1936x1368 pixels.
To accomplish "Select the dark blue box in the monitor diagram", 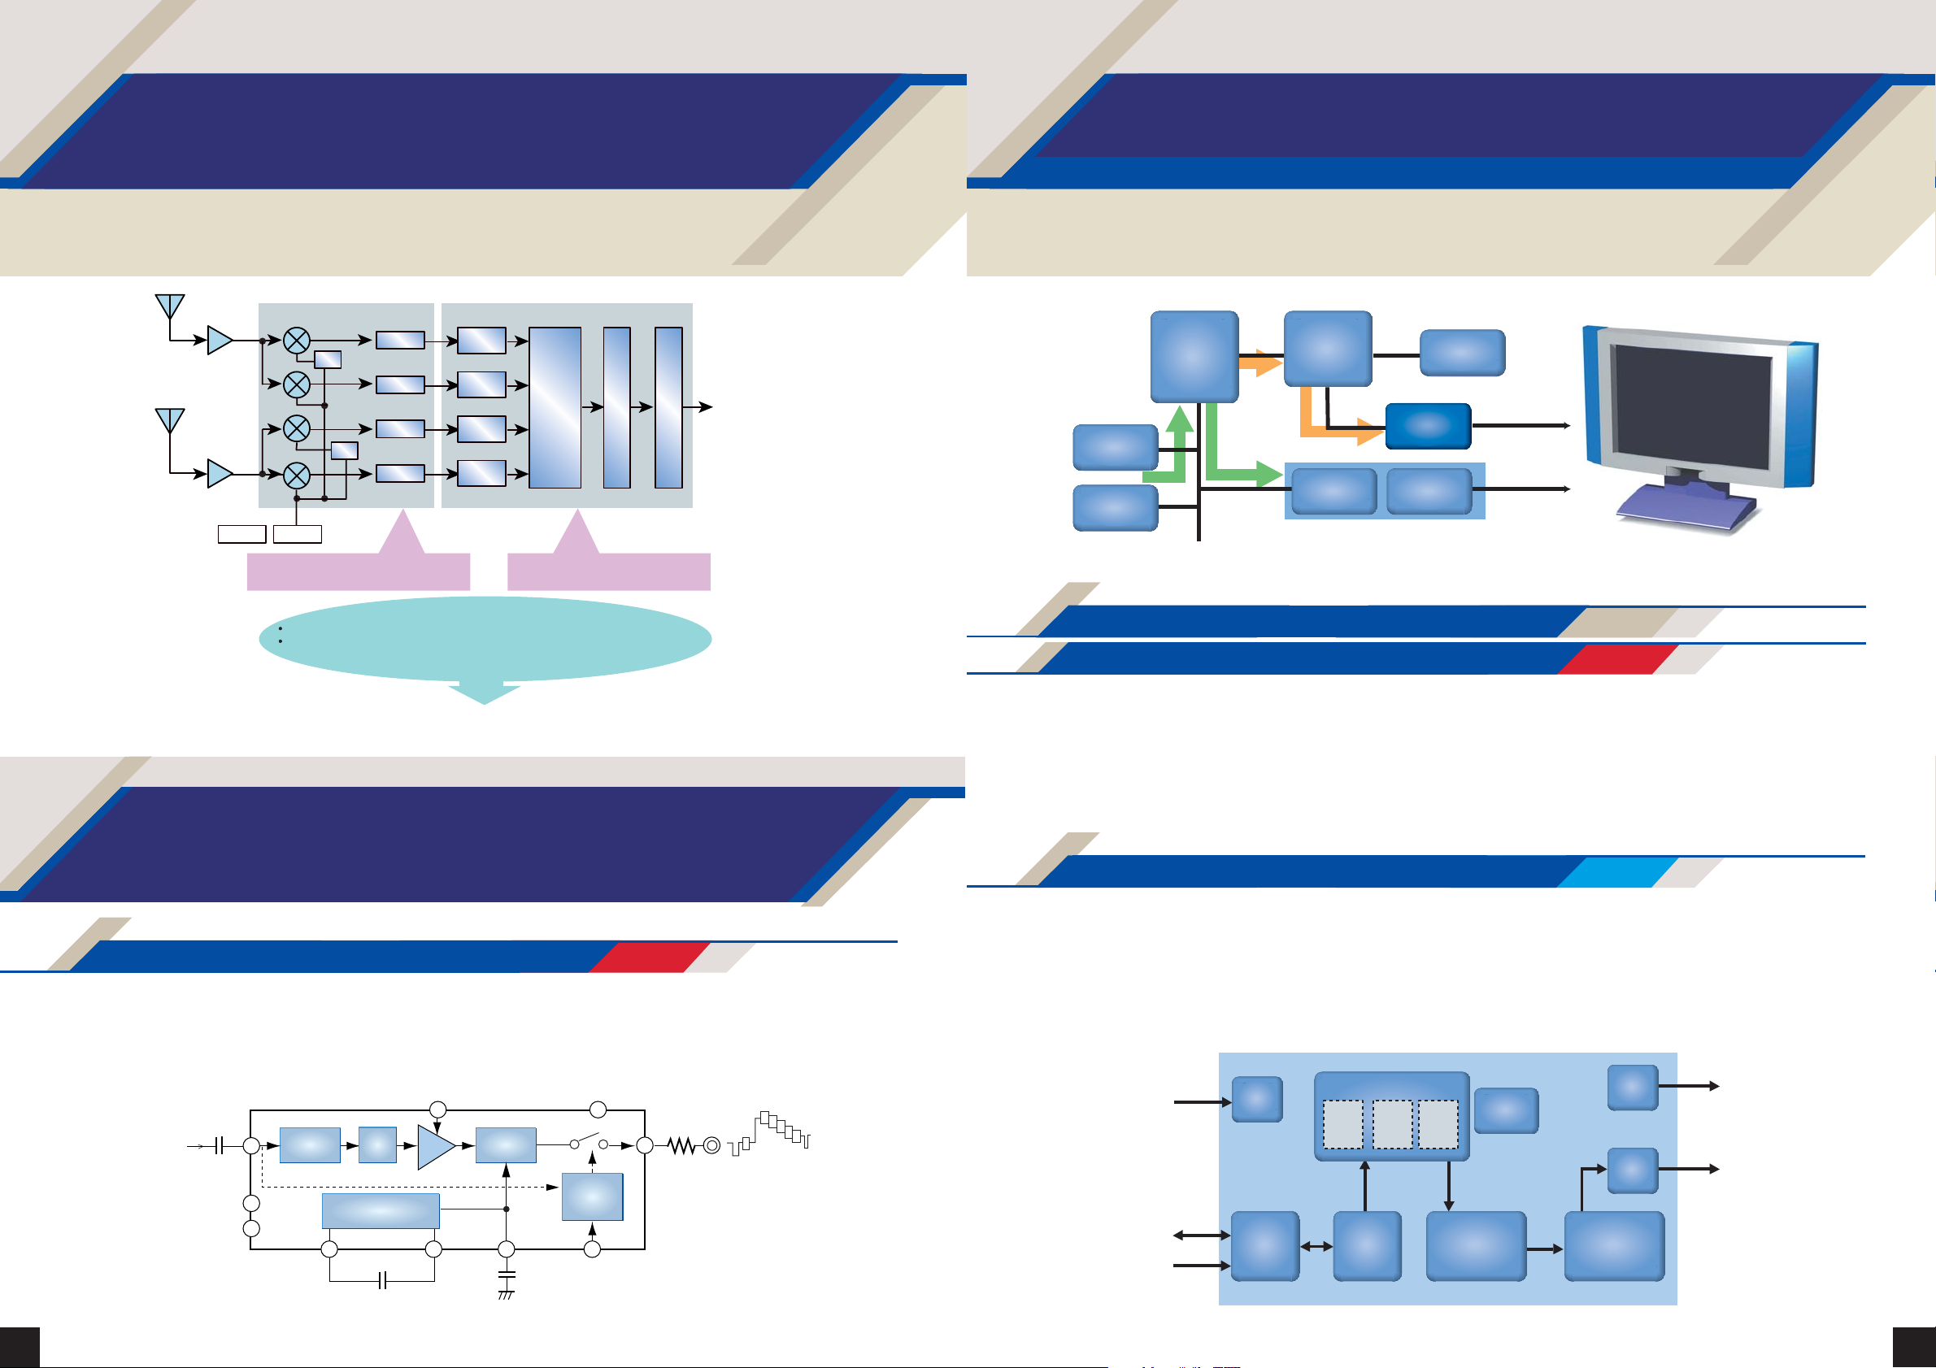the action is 1428,426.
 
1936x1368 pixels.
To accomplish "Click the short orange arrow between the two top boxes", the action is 1259,363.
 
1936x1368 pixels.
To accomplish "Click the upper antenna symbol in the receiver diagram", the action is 169,306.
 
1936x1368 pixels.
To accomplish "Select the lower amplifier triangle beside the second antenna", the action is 220,474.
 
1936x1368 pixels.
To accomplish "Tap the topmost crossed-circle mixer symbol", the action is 296,341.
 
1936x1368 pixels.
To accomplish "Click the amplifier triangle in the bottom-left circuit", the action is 435,1146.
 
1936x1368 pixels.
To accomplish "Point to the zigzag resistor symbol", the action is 681,1145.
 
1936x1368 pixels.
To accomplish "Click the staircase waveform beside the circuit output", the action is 772,1132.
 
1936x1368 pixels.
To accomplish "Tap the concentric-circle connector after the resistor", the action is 711,1145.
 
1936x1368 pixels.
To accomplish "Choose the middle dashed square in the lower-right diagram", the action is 1391,1124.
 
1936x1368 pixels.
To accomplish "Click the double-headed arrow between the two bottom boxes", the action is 1316,1246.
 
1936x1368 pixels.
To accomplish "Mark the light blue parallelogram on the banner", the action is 1616,872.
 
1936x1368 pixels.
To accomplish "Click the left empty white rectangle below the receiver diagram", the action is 242,533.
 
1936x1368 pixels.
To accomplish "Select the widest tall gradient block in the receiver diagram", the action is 555,408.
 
